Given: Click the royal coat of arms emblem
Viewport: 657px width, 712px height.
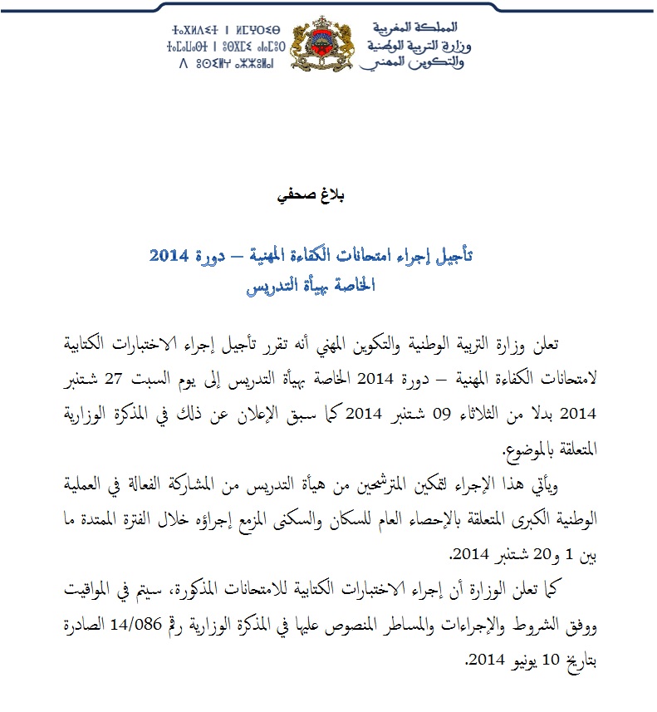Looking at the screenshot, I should click(329, 48).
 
